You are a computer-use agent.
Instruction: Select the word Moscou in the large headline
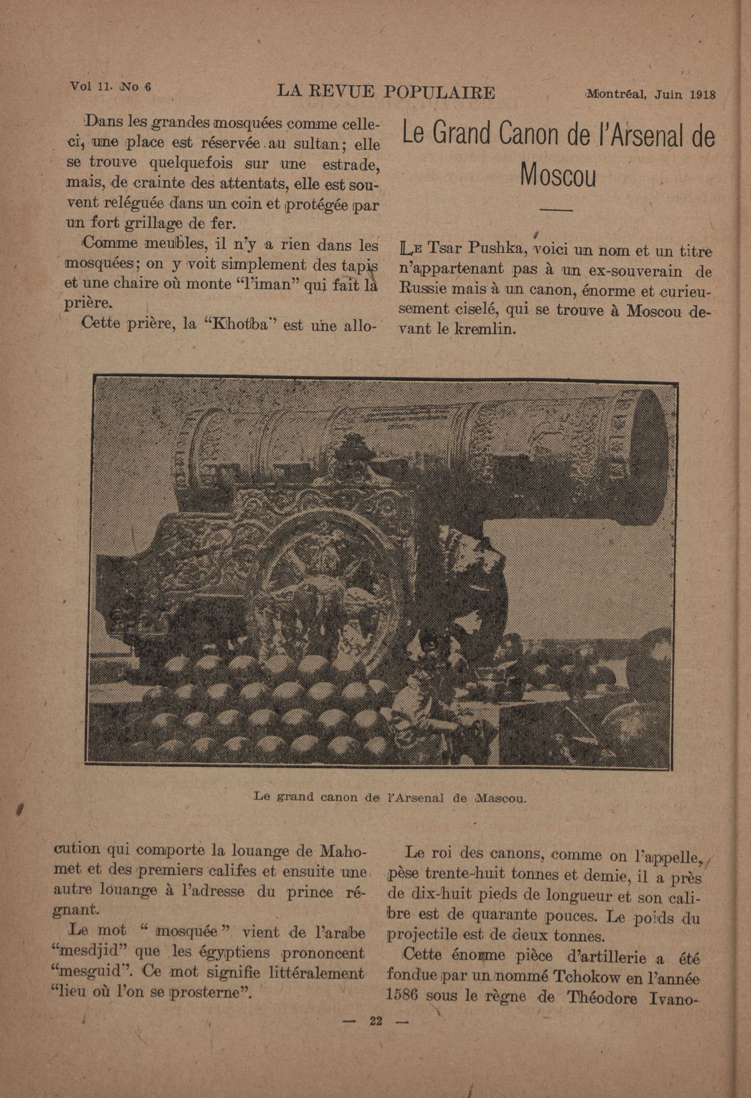558,175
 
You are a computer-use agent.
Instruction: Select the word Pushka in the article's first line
497,248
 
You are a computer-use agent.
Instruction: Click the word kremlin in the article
482,329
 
